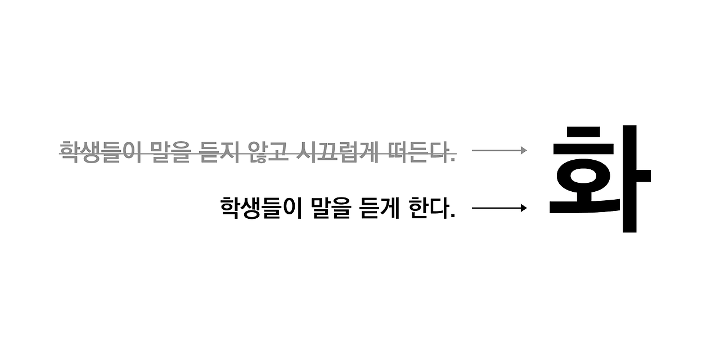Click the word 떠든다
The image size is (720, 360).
coord(416,151)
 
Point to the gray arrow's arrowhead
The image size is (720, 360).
coord(524,150)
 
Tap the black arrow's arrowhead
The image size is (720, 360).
coord(524,208)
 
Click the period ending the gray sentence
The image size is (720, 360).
coord(453,160)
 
